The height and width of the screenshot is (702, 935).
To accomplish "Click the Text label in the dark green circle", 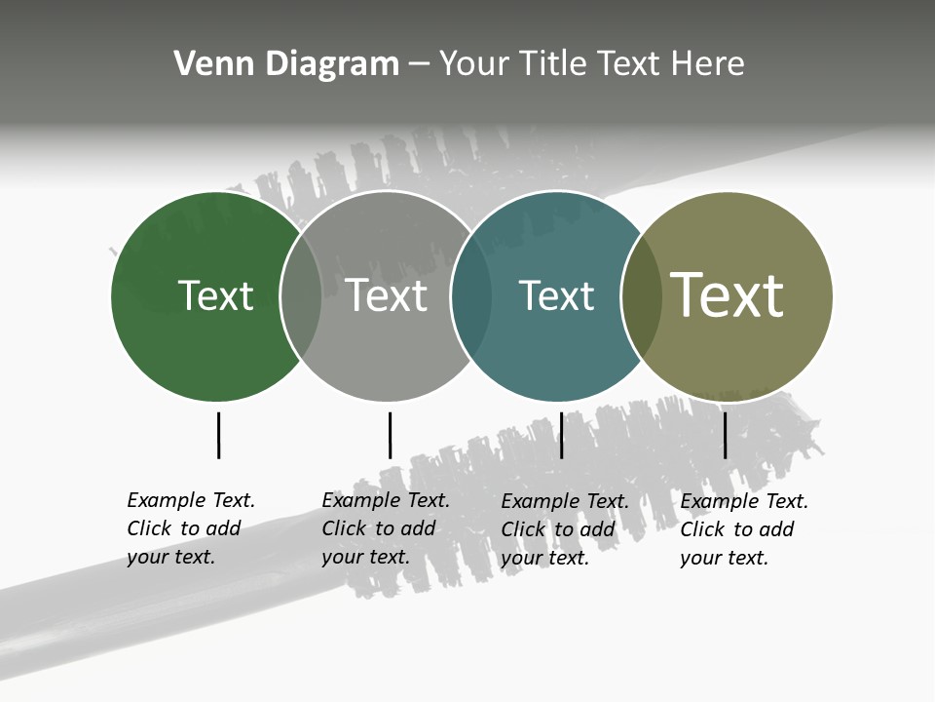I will pyautogui.click(x=215, y=295).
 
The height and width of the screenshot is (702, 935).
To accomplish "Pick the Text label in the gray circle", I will pyautogui.click(x=387, y=295).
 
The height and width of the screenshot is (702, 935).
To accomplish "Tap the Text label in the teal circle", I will pyautogui.click(x=556, y=295).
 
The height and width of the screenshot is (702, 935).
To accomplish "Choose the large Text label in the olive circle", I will pyautogui.click(x=728, y=294).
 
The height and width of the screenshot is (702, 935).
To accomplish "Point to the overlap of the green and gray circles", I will pyautogui.click(x=301, y=296).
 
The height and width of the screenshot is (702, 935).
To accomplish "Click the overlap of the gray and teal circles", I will pyautogui.click(x=471, y=296).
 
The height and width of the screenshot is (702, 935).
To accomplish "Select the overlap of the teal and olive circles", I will pyautogui.click(x=642, y=296).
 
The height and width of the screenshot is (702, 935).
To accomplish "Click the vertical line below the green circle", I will pyautogui.click(x=218, y=435).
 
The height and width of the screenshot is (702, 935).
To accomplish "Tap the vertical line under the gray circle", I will pyautogui.click(x=390, y=435).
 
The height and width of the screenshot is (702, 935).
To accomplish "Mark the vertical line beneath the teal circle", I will pyautogui.click(x=561, y=435).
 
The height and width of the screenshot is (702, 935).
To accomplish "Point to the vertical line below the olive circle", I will pyautogui.click(x=725, y=435).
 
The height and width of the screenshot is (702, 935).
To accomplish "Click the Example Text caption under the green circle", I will pyautogui.click(x=191, y=528).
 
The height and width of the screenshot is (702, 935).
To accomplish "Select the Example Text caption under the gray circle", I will pyautogui.click(x=386, y=528).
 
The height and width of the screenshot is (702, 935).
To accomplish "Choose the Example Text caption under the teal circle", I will pyautogui.click(x=565, y=529).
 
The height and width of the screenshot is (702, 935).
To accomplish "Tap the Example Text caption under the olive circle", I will pyautogui.click(x=744, y=529).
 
